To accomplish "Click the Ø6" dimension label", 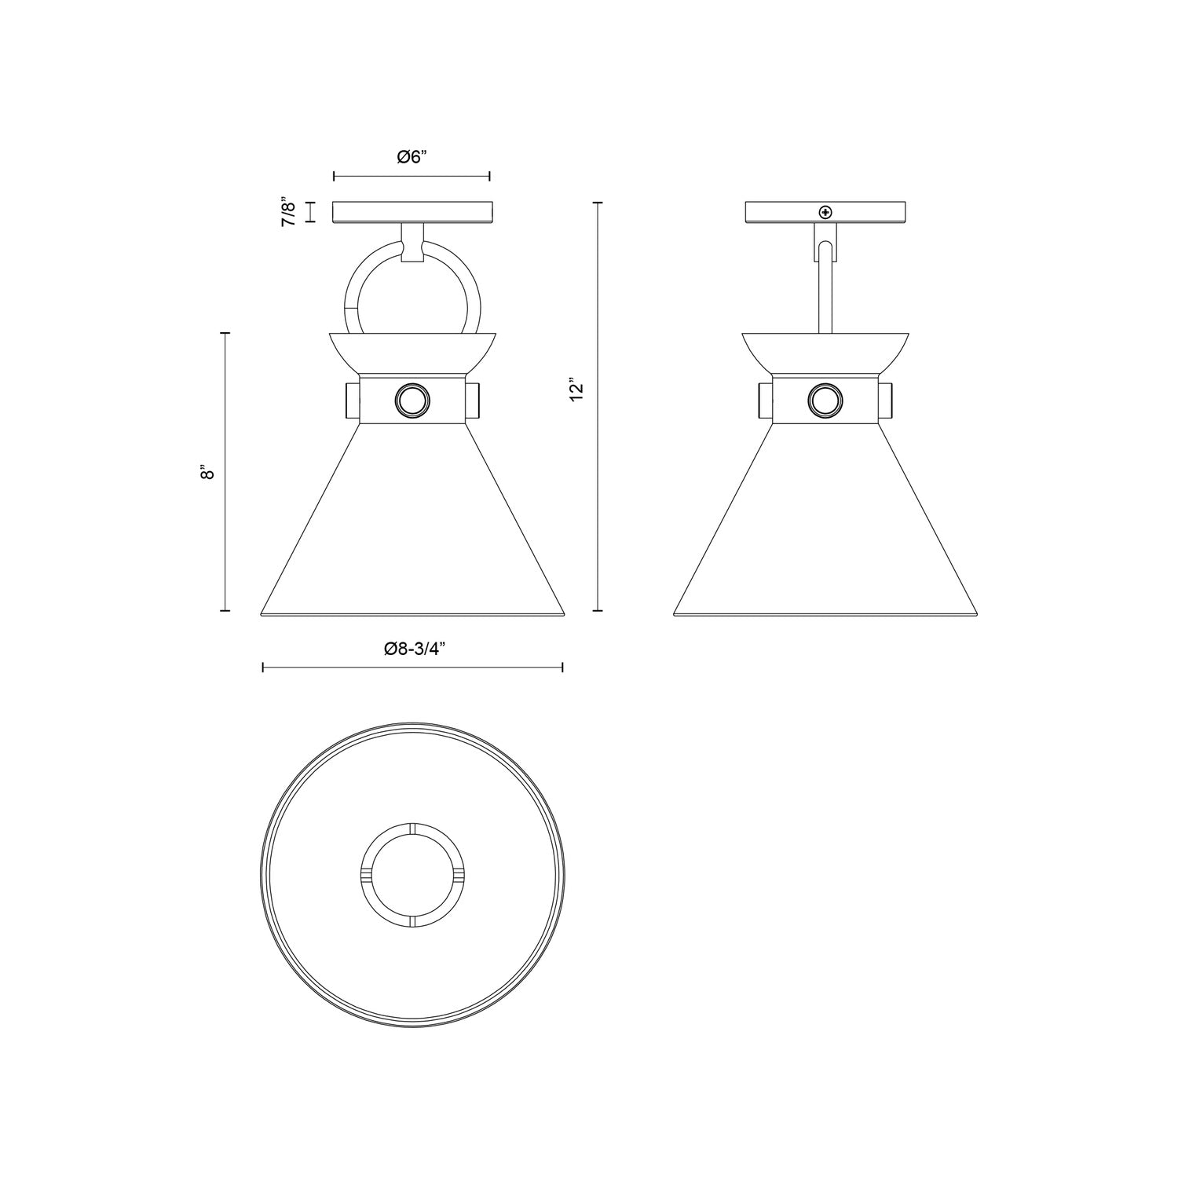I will [411, 157].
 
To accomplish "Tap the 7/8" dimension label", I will [289, 212].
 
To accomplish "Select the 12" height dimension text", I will [577, 390].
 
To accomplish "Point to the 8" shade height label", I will [207, 473].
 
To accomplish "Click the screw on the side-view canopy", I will [825, 212].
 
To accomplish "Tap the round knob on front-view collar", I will [412, 402].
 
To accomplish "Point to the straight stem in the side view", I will [825, 291].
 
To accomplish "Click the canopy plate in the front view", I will [413, 212].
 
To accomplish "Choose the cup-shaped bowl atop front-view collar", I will [413, 351].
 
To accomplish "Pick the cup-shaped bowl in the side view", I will [825, 351].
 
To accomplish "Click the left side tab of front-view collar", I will [351, 402].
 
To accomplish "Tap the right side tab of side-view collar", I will [885, 402].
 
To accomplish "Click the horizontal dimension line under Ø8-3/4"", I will [412, 668].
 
